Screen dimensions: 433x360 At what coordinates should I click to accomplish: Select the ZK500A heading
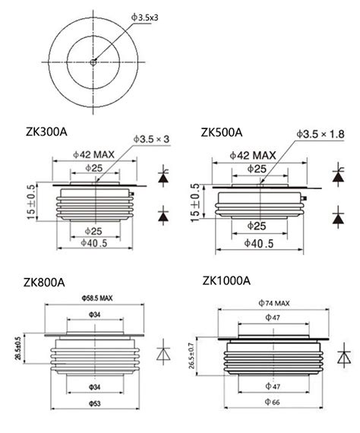(222, 131)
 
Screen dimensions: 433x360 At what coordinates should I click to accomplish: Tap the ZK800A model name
(43, 283)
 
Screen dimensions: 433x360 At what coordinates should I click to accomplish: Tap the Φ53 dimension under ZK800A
(96, 402)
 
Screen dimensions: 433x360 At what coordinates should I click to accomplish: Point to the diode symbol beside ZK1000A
(344, 356)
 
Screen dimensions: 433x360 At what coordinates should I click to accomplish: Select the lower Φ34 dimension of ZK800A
(96, 387)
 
